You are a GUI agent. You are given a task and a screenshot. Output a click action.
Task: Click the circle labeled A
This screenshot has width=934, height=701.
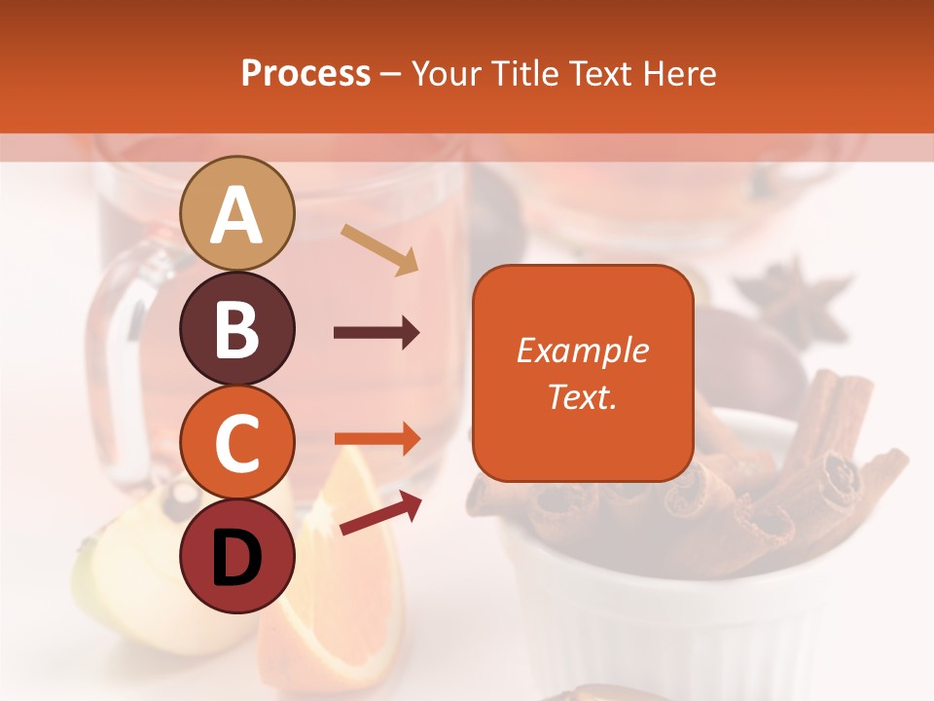[x=237, y=213]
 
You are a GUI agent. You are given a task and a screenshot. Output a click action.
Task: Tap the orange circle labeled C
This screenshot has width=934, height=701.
[x=237, y=442]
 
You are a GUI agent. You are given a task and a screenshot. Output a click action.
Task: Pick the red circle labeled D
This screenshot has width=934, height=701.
[x=237, y=556]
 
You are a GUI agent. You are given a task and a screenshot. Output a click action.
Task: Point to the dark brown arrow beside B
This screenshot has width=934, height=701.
[x=377, y=333]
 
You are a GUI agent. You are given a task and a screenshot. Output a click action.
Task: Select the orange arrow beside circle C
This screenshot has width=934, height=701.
[x=377, y=439]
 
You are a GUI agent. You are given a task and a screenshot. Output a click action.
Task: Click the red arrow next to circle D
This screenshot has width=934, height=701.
[x=380, y=513]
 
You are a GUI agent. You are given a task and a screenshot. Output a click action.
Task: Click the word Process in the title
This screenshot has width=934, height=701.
[x=305, y=73]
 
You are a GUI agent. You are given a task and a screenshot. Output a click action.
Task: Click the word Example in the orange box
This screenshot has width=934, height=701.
[x=582, y=350]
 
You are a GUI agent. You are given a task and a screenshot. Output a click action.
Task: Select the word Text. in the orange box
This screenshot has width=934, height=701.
[x=582, y=396]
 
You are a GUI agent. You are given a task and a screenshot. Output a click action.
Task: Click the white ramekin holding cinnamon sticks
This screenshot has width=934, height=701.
[x=681, y=604]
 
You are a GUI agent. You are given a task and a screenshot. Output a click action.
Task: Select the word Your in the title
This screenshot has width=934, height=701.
[x=446, y=73]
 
